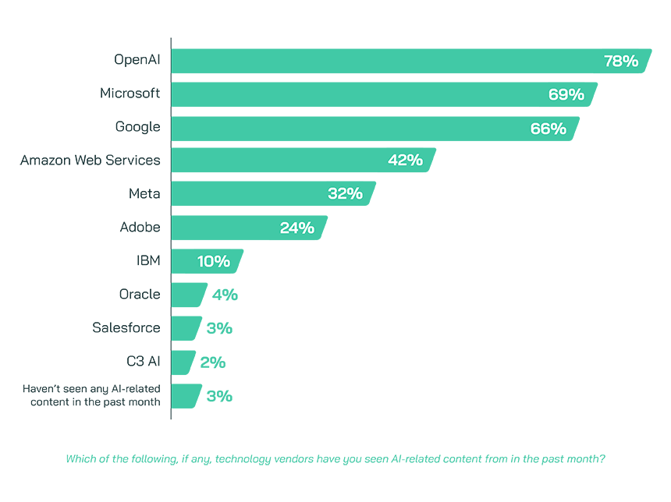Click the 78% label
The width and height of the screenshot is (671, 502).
tap(621, 62)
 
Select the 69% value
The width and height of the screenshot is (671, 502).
tap(566, 95)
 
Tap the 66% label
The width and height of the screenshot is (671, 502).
tap(548, 129)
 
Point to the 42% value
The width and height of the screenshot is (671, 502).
tap(405, 161)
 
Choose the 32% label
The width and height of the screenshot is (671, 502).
tap(345, 194)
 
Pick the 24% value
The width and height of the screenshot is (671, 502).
tap(296, 228)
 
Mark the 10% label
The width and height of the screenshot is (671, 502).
tap(213, 262)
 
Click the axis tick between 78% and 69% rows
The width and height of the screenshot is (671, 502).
tap(173, 78)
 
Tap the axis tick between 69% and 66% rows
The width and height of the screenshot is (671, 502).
tap(173, 111)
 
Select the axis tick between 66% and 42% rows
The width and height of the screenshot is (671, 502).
tap(173, 144)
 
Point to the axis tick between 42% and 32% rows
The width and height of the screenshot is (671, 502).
tap(173, 178)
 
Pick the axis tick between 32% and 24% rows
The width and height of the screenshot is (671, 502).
tap(173, 211)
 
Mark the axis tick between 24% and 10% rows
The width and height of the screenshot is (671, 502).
tap(173, 245)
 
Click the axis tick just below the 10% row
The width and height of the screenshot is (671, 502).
tap(173, 278)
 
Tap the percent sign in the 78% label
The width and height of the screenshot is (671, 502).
tap(631, 62)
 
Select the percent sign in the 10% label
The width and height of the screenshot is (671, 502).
tap(223, 262)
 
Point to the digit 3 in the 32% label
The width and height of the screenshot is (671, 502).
tap(334, 194)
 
